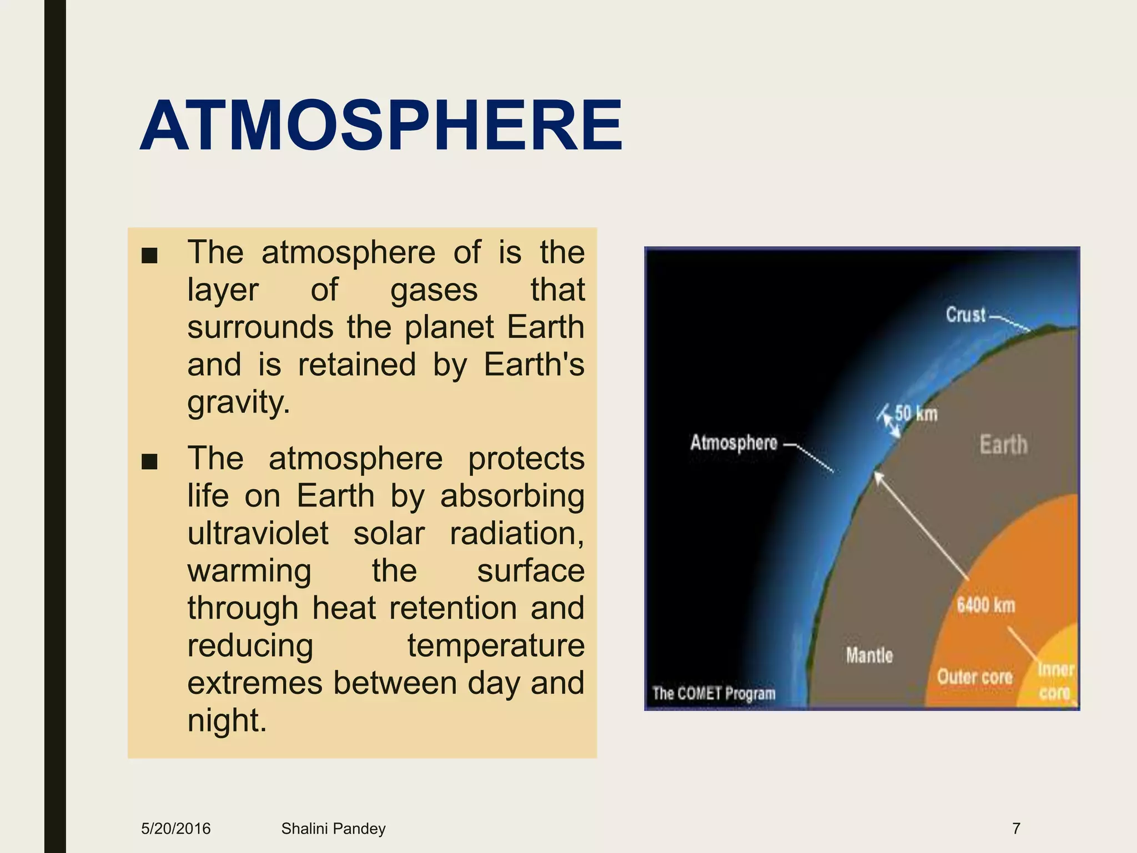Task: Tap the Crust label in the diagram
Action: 965,315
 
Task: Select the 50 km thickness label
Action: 916,414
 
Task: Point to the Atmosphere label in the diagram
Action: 733,443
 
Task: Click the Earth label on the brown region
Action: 1003,445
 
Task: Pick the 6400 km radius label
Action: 985,605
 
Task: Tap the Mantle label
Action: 869,656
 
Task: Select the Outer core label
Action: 974,677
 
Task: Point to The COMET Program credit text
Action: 713,694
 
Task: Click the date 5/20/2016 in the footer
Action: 176,829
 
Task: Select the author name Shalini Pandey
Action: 333,829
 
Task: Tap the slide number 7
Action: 1016,829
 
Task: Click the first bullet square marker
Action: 149,256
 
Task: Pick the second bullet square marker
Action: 149,461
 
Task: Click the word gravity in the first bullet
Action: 238,402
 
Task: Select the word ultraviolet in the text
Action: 258,534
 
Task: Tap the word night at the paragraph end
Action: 227,720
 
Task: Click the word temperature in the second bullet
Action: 496,646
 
